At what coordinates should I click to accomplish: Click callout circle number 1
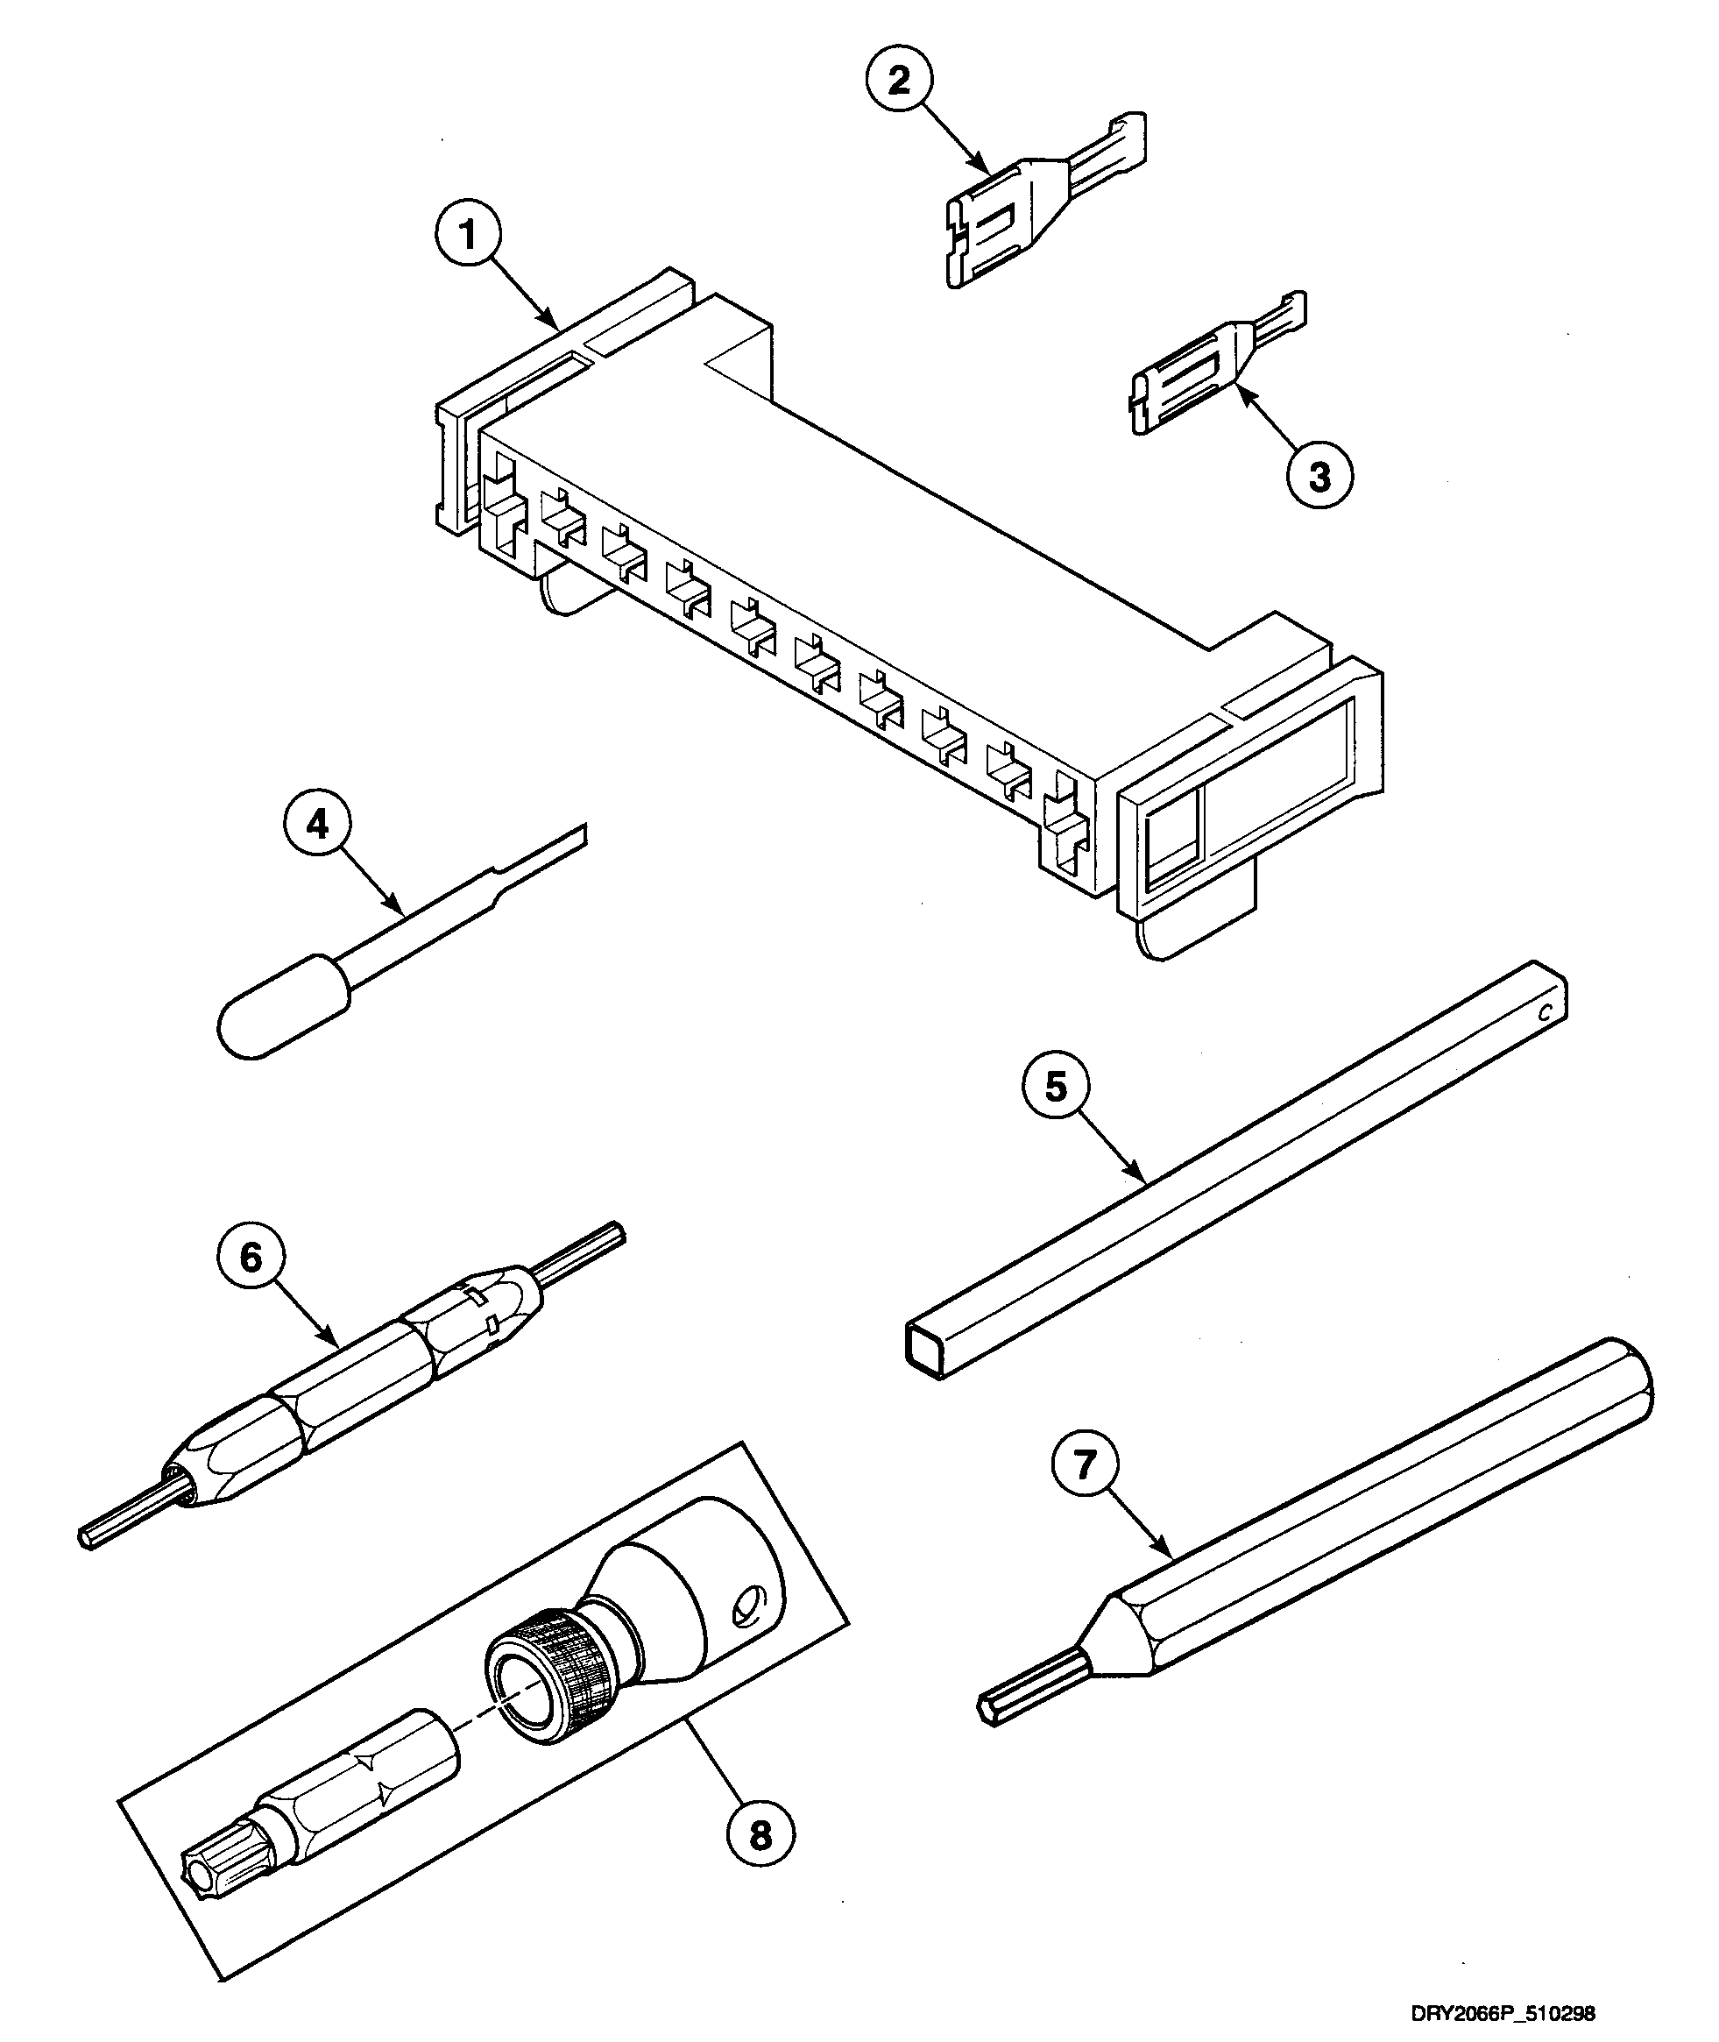tap(469, 235)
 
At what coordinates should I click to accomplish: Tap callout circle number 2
tap(898, 80)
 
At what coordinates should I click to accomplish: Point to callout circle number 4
tap(318, 825)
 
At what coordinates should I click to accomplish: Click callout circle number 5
tap(1058, 1087)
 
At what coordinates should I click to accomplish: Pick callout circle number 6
tap(251, 1258)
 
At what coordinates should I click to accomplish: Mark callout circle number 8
tap(761, 1835)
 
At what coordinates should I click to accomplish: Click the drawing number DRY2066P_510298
tap(1502, 2012)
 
